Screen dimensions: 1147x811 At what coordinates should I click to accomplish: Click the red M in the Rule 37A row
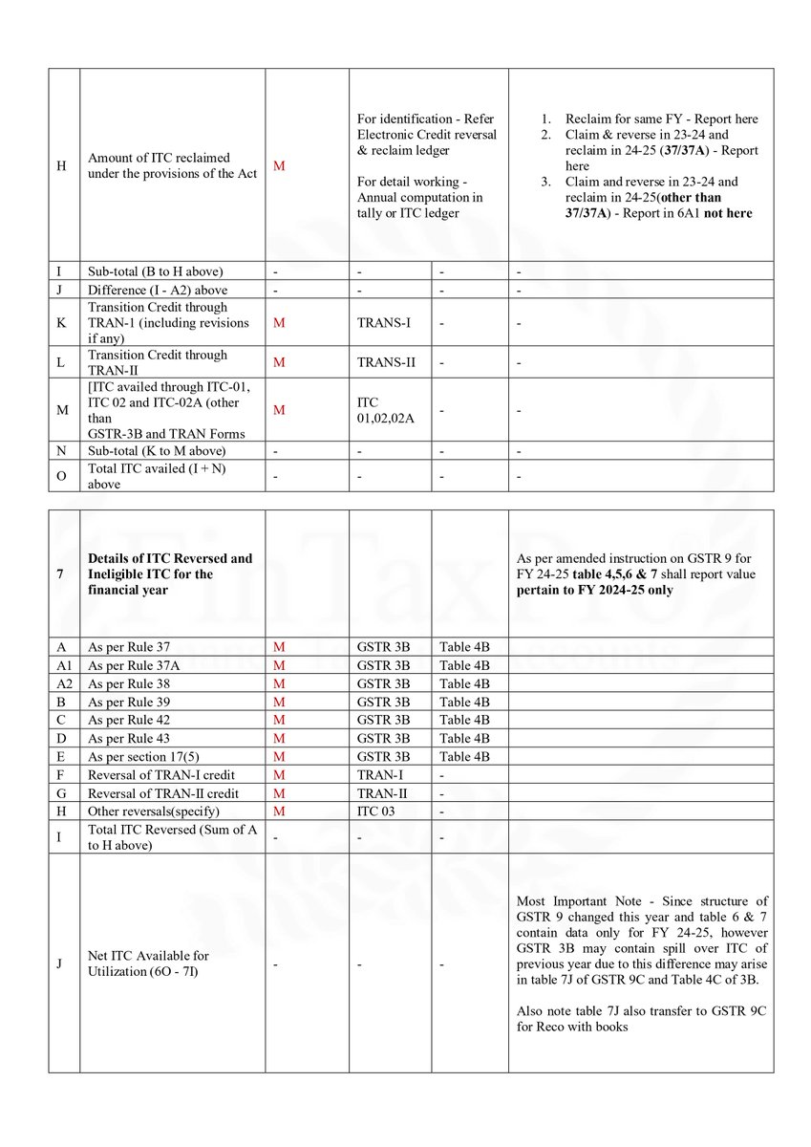pos(279,665)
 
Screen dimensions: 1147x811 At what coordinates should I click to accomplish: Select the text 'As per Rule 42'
pos(128,720)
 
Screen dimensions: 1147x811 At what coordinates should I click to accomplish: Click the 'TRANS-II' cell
pos(387,362)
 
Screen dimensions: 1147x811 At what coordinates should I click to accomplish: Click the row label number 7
pos(59,574)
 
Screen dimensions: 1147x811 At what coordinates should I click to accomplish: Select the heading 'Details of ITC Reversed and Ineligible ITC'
pos(170,573)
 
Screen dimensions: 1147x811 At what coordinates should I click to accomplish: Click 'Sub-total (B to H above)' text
pos(155,271)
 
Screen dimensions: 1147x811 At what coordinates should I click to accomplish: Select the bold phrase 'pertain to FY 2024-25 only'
pos(594,590)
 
